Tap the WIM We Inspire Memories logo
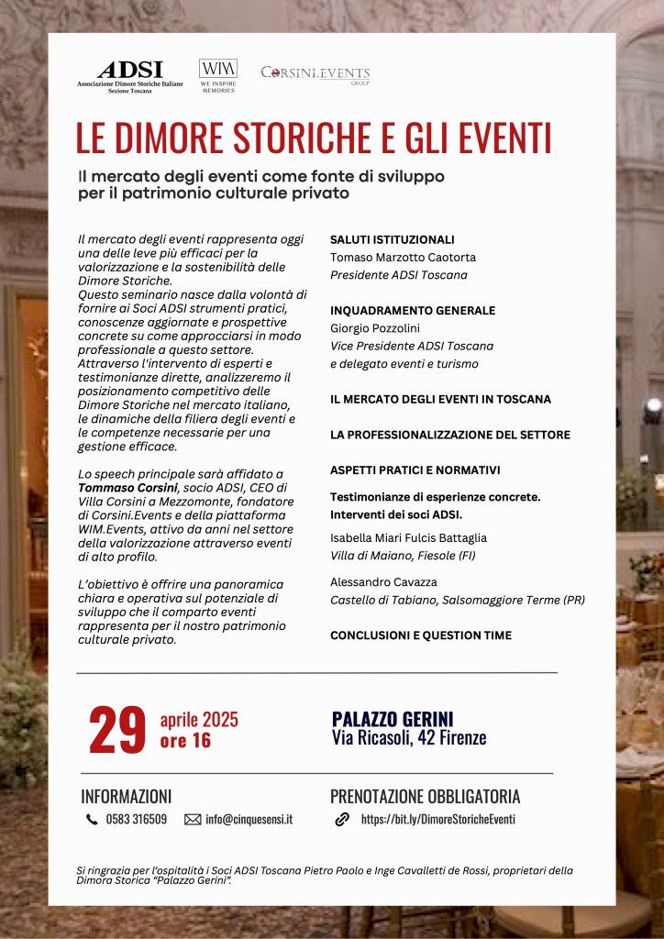[x=217, y=75]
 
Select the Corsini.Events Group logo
[x=315, y=73]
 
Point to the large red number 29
[x=117, y=730]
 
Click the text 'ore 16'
[x=185, y=741]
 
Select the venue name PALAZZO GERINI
[x=393, y=719]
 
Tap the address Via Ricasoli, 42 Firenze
[x=409, y=738]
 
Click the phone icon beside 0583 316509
[x=92, y=820]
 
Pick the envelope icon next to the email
[x=193, y=820]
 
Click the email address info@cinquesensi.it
[x=249, y=820]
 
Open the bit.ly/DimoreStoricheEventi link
[x=437, y=820]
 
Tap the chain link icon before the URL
[x=342, y=820]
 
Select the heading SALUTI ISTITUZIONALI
[x=392, y=239]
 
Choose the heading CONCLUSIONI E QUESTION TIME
[x=421, y=635]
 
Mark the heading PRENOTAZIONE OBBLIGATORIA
[x=425, y=796]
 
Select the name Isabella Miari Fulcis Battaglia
[x=408, y=538]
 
